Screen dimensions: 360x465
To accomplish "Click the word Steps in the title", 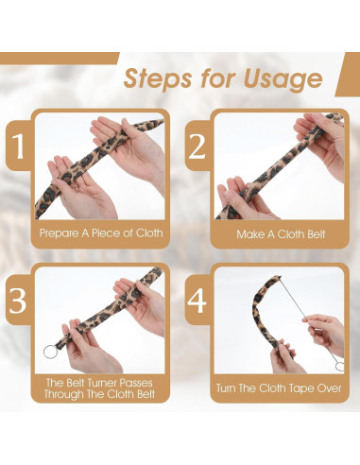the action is pyautogui.click(x=158, y=79).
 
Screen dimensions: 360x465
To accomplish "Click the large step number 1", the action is pyautogui.click(x=18, y=146).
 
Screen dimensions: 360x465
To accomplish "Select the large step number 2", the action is pyautogui.click(x=197, y=146).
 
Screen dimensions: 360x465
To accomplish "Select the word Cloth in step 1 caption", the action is pyautogui.click(x=149, y=233).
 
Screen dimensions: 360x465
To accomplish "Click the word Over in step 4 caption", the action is pyautogui.click(x=329, y=387).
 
